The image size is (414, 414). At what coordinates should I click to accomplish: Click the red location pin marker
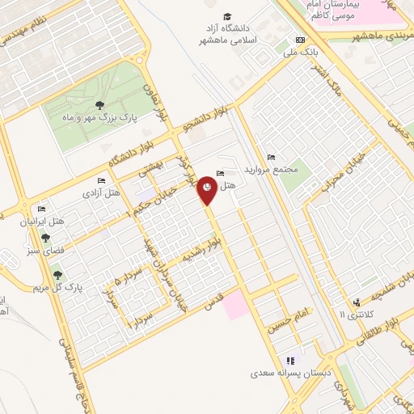click(208, 189)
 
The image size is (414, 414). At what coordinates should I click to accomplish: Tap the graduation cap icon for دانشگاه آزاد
click(227, 17)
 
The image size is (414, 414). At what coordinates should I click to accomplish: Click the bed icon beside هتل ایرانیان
click(42, 209)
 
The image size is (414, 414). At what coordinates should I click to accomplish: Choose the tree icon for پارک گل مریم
click(56, 275)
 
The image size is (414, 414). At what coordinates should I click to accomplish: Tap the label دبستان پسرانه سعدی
click(290, 374)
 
